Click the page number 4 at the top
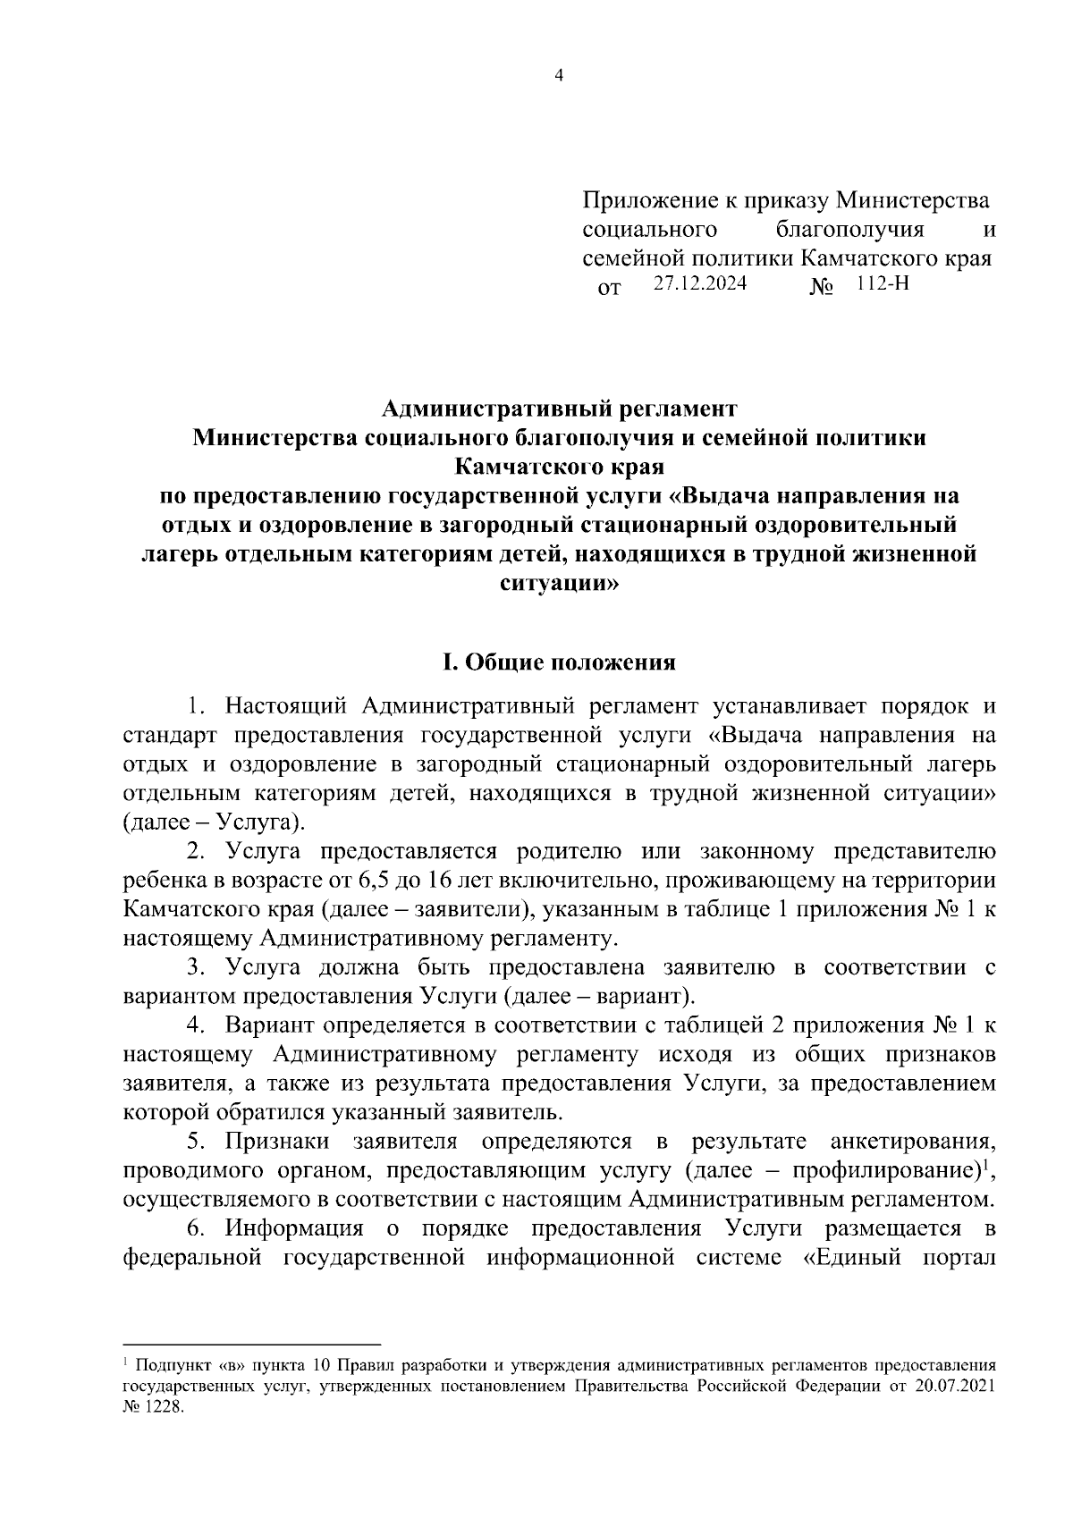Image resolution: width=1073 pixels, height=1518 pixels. pos(559,76)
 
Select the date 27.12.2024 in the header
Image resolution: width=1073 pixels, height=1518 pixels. pos(699,285)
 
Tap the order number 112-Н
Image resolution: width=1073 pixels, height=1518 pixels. pos(882,285)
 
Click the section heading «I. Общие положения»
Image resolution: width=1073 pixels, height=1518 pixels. pos(559,663)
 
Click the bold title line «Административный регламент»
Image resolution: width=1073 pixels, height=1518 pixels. pos(559,409)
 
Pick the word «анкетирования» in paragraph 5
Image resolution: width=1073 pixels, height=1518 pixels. pos(912,1142)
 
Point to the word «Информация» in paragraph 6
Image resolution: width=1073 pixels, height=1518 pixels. pos(294,1228)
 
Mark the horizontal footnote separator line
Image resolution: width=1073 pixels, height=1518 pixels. pos(251,1345)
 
